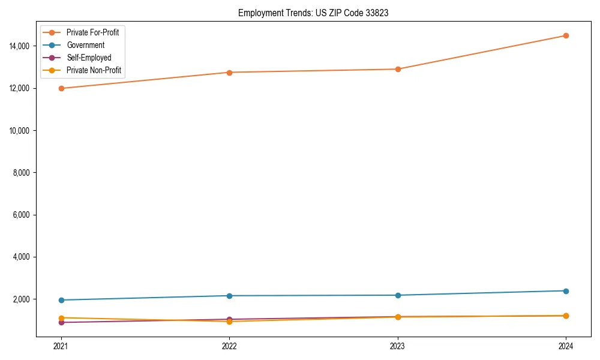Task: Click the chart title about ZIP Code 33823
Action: coord(313,13)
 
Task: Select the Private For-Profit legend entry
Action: coord(92,32)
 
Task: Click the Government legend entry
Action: coord(85,45)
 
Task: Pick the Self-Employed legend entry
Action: coord(89,58)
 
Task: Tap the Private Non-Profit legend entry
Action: coord(94,70)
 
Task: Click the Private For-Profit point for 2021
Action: coord(61,88)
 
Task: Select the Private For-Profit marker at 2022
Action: coord(229,73)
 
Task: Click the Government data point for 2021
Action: coord(61,300)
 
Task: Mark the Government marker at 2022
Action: coord(229,296)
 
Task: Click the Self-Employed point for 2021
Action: coord(61,322)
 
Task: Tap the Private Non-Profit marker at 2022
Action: coord(229,322)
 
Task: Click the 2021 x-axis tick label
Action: coord(61,346)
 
